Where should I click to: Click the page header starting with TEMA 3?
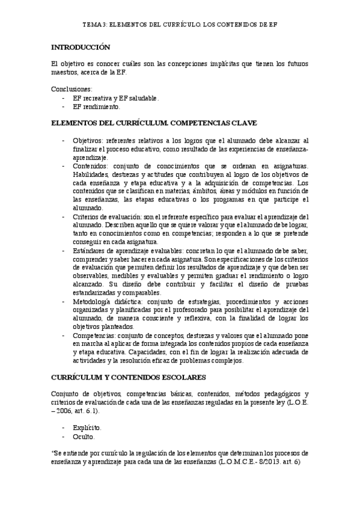tap(180, 26)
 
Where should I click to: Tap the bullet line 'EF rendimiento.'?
tap(96, 106)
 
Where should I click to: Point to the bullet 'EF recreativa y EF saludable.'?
tap(116, 97)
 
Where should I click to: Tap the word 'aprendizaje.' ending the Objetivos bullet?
tap(90, 157)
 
